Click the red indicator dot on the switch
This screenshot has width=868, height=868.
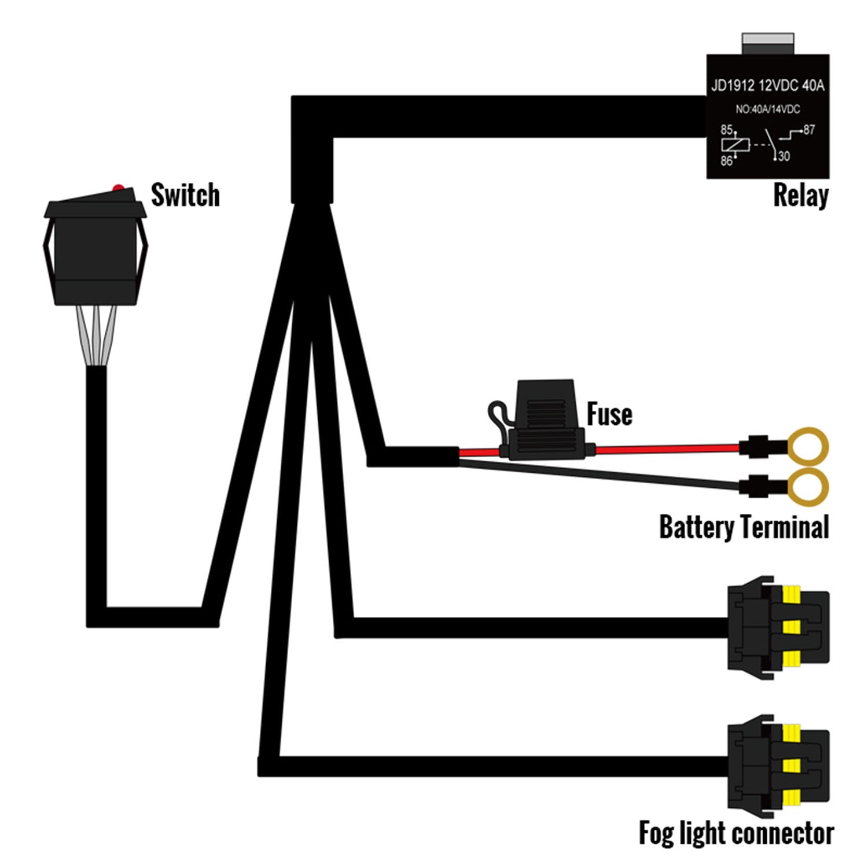click(118, 188)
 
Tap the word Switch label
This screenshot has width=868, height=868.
click(185, 195)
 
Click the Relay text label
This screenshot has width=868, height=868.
click(801, 196)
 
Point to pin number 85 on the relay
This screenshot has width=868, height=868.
click(726, 130)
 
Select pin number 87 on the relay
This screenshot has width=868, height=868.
click(808, 130)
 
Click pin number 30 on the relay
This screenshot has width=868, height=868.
click(784, 156)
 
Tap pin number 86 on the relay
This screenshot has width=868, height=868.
click(726, 161)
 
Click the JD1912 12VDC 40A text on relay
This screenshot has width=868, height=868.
click(767, 86)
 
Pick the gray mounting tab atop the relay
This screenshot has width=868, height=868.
click(767, 43)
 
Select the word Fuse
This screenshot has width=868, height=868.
click(609, 414)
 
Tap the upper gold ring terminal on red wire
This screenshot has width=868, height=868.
click(809, 446)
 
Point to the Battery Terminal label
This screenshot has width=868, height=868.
click(744, 527)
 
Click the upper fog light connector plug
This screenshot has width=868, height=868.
click(778, 627)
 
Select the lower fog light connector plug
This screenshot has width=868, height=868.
click(778, 766)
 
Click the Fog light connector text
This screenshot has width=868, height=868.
click(735, 833)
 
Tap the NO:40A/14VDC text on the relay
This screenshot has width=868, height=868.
click(767, 109)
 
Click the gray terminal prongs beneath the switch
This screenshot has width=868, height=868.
click(97, 336)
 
